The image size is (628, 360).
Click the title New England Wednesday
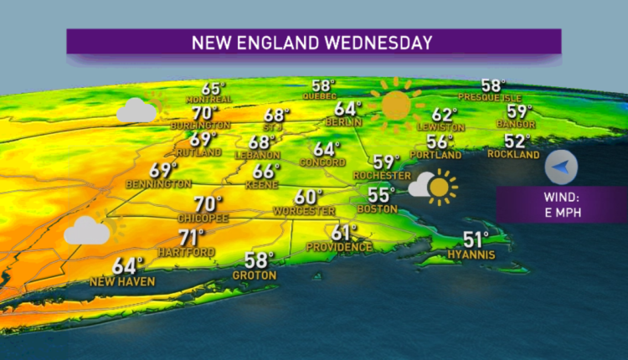coord(313,41)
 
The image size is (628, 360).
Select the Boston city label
coord(375,208)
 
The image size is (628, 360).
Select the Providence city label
coord(339,247)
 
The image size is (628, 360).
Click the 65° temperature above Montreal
coord(214,89)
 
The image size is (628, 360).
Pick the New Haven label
coord(122,281)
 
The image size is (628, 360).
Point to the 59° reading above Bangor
coord(520,111)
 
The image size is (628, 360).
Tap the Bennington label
coord(158,183)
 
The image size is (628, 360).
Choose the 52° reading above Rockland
coord(517,142)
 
